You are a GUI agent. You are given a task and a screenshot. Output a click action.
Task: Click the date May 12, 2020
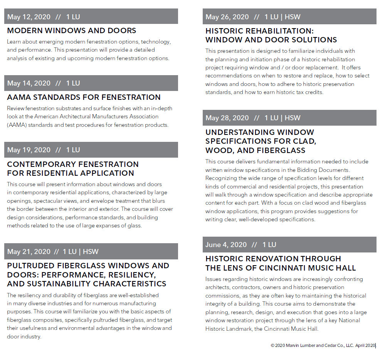click(29, 17)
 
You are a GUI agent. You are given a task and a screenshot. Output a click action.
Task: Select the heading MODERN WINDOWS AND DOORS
click(72, 31)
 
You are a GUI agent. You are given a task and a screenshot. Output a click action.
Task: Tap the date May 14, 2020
click(29, 83)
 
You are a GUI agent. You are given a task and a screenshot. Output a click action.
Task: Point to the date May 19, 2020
click(29, 150)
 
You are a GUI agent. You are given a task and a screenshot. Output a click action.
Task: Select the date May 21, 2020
click(29, 252)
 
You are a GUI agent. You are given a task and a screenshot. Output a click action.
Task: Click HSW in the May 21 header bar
click(91, 252)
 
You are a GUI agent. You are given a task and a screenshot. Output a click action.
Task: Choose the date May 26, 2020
click(227, 17)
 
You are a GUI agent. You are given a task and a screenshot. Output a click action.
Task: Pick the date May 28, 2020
click(227, 118)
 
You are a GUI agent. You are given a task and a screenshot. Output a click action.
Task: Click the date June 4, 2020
click(226, 245)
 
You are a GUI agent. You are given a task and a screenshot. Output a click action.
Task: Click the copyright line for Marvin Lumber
click(323, 346)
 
